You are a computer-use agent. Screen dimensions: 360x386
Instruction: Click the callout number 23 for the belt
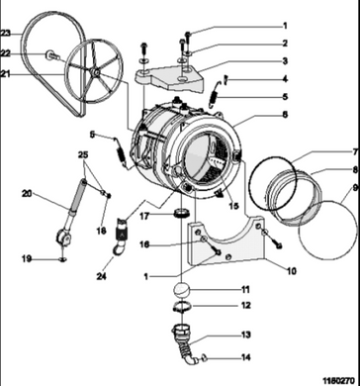6,33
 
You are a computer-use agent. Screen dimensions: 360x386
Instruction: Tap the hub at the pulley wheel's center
95,72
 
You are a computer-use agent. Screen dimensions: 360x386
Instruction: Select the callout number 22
6,53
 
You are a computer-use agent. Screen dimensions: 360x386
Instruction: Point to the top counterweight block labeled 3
169,78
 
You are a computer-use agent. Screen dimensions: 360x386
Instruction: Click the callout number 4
285,79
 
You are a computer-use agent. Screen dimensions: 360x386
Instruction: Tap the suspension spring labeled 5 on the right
216,95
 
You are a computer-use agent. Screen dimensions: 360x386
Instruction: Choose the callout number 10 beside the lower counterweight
292,271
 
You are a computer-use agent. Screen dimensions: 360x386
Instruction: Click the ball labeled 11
182,290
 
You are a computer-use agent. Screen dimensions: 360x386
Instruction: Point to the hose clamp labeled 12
182,308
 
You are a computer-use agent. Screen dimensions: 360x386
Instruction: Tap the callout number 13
246,336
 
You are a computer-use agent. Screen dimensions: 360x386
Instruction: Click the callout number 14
246,357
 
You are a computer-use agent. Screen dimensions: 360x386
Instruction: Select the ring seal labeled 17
182,213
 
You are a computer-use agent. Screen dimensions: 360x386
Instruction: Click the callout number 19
27,259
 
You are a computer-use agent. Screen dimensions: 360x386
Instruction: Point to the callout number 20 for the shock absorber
27,194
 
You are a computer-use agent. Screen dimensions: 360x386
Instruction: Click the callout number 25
84,154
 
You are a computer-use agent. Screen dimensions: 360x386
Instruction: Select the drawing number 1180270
340,380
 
